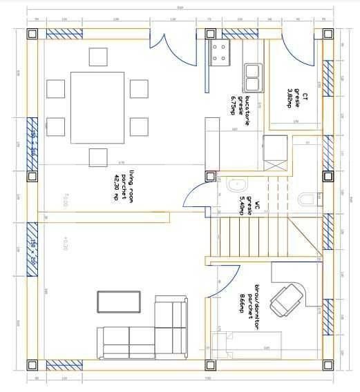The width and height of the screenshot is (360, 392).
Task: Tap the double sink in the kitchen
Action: [x=252, y=77]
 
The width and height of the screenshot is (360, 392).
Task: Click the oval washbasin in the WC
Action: [x=237, y=185]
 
